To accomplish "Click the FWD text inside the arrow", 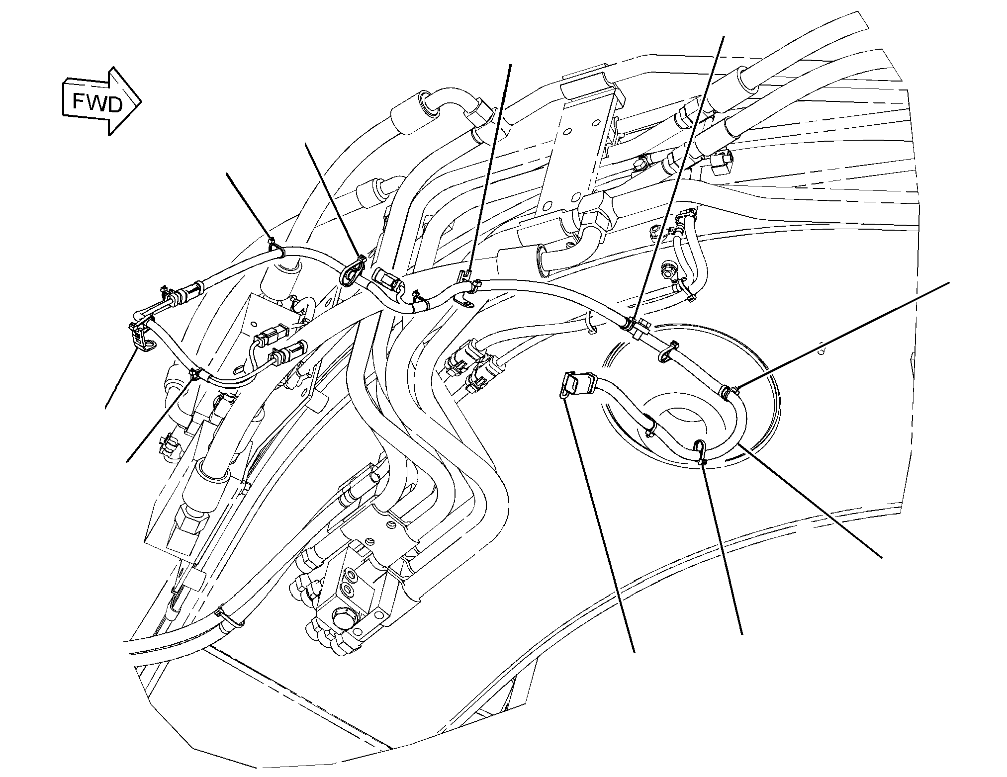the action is (x=97, y=103).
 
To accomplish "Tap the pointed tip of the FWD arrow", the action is (x=142, y=101).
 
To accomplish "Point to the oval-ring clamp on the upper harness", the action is (x=351, y=272).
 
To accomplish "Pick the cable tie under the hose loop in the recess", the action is (x=701, y=452).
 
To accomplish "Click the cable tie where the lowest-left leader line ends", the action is (x=194, y=373).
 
